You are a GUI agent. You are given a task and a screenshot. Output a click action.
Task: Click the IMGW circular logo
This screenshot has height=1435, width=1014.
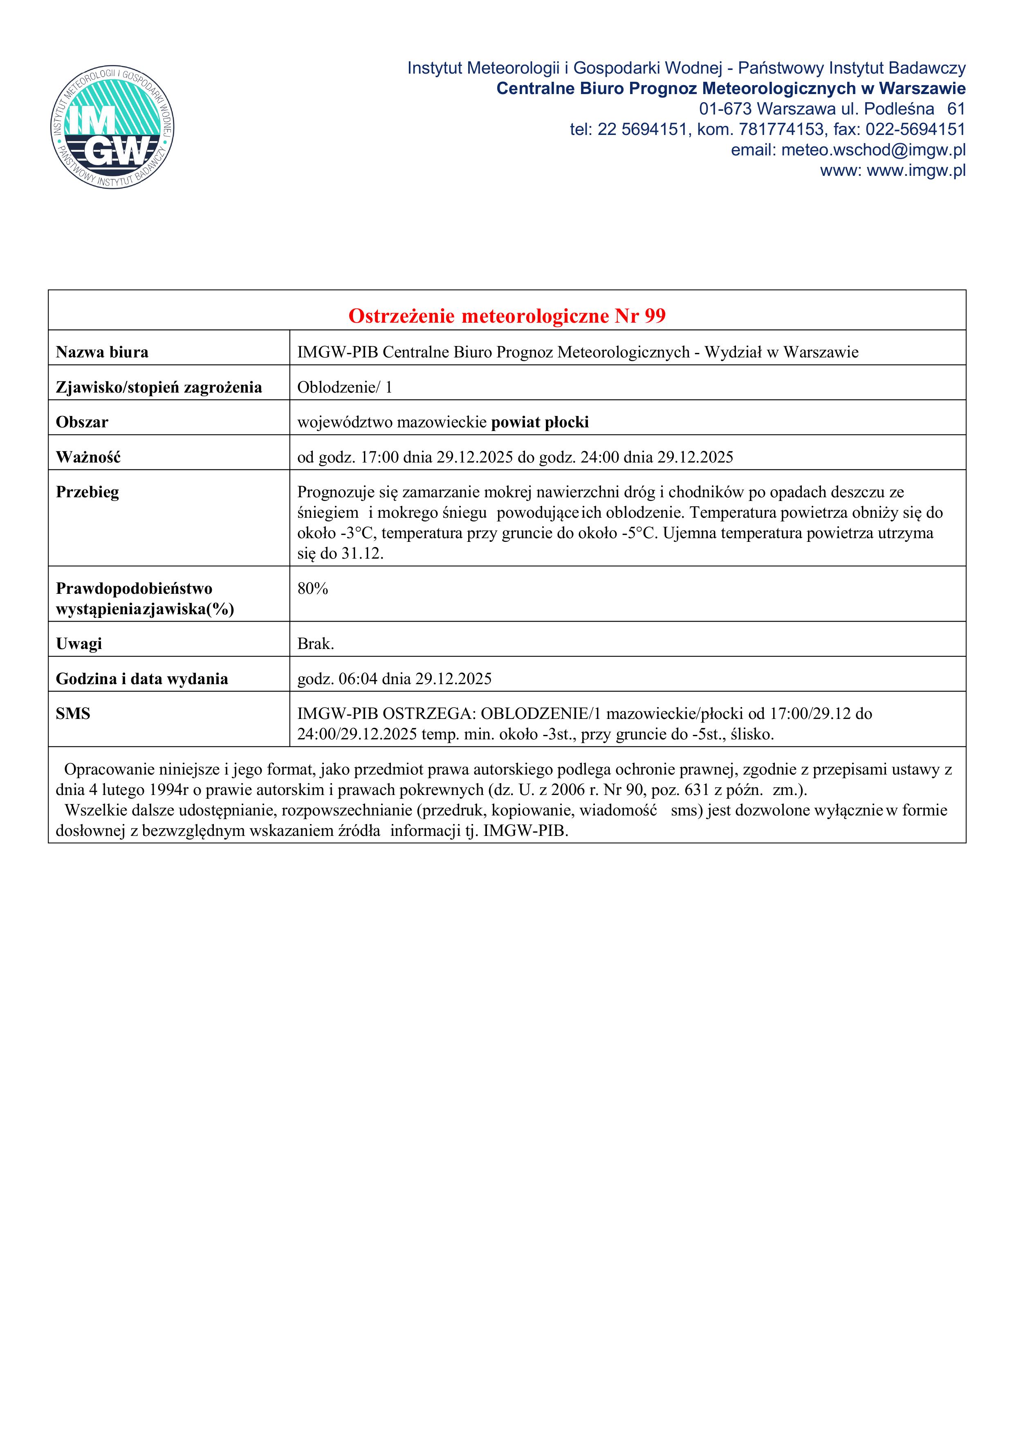[x=112, y=128]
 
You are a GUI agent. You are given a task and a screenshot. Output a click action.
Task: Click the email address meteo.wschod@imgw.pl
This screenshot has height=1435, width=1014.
[x=873, y=150]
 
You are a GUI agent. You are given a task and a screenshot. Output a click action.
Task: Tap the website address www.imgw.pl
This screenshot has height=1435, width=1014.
[x=916, y=171]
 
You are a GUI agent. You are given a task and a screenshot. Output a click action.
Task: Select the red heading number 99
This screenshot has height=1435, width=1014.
[x=655, y=316]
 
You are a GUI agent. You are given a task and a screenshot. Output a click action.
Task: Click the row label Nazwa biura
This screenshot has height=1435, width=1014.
[x=102, y=353]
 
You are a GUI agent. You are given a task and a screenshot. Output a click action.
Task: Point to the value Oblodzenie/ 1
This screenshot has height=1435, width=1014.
[x=344, y=388]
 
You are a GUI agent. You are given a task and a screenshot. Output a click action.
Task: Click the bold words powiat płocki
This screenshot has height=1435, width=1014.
[x=540, y=422]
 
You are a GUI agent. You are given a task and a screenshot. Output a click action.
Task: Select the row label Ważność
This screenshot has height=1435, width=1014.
[x=88, y=458]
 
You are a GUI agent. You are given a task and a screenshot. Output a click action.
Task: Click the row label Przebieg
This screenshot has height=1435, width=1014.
[x=87, y=492]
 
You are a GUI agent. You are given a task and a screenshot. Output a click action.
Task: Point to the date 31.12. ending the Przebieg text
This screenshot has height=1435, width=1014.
[x=362, y=554]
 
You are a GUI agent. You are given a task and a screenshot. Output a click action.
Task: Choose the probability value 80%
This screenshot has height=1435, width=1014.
[x=312, y=589]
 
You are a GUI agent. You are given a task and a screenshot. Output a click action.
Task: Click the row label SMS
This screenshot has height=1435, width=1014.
[x=73, y=714]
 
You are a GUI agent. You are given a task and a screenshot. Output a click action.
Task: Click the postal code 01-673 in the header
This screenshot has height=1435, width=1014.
[x=725, y=109]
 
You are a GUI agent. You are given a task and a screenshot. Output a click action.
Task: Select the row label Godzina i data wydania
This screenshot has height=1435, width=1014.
[x=142, y=679]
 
